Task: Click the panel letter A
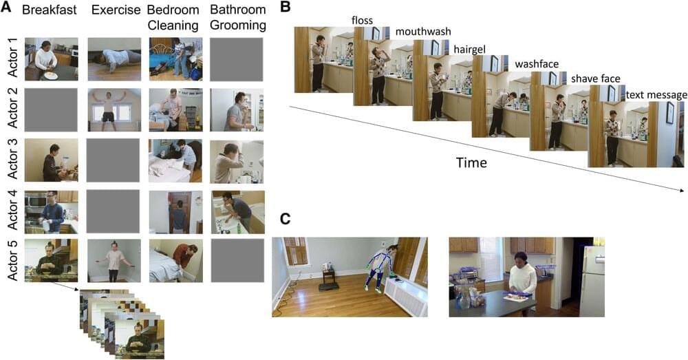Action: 6,10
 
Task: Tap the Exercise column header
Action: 114,10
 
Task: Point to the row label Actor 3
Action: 10,160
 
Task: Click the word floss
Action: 361,21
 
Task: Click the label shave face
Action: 595,78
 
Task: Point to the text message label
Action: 656,94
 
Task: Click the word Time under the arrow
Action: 472,163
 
